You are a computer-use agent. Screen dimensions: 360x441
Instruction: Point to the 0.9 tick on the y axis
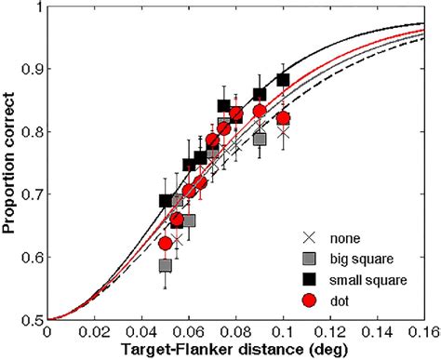coord(33,70)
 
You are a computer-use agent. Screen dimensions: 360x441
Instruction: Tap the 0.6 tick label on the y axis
coord(33,258)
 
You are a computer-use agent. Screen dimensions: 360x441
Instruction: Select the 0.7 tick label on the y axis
coord(33,195)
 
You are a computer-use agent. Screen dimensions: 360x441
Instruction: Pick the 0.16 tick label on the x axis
coord(424,330)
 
